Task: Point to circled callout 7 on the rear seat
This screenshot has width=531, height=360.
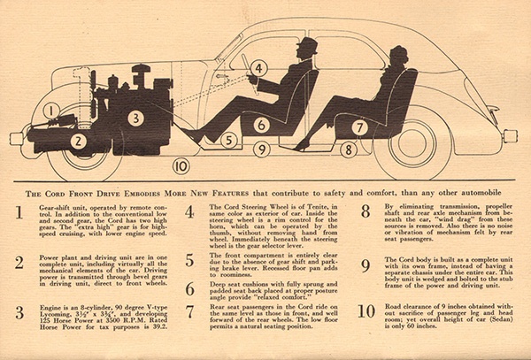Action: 359,127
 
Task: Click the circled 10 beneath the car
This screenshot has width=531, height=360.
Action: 180,164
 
